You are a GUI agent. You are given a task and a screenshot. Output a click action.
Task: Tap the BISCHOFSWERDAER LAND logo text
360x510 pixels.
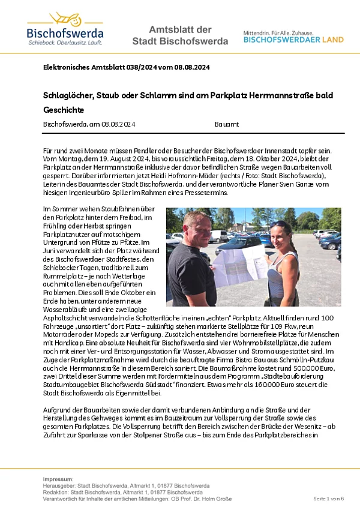[293, 40]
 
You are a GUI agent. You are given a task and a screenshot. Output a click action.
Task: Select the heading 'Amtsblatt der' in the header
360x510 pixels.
[179, 30]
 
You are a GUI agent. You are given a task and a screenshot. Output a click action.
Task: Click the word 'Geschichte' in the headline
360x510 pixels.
[64, 110]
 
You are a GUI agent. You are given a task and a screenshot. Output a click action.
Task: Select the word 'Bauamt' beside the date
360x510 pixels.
[226, 124]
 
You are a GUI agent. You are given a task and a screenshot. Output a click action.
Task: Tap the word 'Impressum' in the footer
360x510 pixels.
[58, 479]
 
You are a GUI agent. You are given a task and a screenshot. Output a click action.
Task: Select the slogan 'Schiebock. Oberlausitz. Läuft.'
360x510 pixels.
[65, 43]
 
